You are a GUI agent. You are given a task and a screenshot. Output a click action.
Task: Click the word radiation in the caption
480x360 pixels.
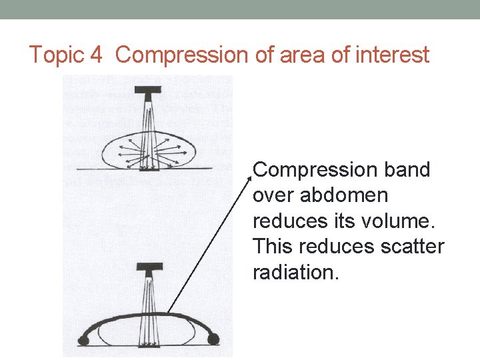pos(296,272)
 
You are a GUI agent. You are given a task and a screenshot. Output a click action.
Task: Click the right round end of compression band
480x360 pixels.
pos(214,339)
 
